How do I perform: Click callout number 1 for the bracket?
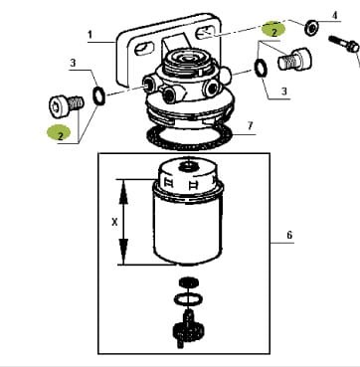(x=90, y=35)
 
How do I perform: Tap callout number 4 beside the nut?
(x=335, y=15)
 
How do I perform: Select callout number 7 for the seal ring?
(x=251, y=125)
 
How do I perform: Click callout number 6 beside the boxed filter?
(x=289, y=235)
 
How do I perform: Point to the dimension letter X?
(x=114, y=223)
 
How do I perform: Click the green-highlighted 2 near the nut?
(x=273, y=29)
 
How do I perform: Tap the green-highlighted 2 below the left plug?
(x=60, y=133)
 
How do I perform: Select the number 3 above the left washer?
(x=73, y=63)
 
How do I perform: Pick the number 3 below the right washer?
(x=283, y=92)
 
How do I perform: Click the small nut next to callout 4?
(x=311, y=28)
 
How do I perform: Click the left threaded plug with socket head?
(x=67, y=105)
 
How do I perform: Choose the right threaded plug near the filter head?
(x=294, y=59)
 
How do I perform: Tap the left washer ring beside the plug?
(x=98, y=96)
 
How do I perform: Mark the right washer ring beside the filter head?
(x=261, y=69)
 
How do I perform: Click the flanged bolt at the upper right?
(x=344, y=44)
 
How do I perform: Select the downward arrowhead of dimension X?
(x=123, y=252)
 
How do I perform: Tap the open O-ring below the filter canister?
(x=188, y=299)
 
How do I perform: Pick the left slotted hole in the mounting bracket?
(x=145, y=49)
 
